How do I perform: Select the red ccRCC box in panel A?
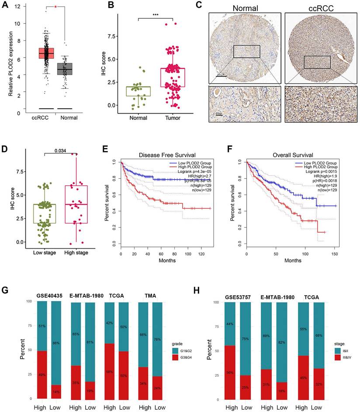click(x=46, y=53)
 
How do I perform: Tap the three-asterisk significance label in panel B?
click(x=155, y=15)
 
